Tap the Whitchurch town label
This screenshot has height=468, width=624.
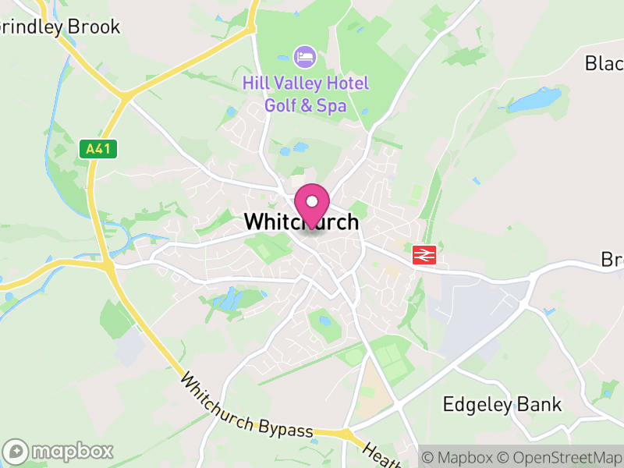(301, 222)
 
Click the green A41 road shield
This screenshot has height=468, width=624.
(98, 149)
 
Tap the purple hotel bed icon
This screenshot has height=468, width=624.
(304, 56)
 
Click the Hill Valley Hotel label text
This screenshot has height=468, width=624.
(305, 83)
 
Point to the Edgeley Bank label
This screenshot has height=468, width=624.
(502, 404)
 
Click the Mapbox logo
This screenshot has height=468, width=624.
(59, 451)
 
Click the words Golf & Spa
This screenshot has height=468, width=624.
(305, 105)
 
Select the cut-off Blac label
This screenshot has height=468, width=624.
(604, 63)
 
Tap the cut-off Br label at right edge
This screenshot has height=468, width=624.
(612, 259)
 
